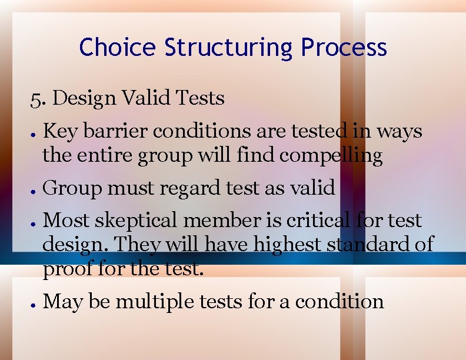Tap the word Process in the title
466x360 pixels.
click(x=344, y=47)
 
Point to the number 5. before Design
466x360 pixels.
click(x=38, y=98)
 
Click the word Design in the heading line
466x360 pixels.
click(x=84, y=98)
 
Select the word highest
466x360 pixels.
click(x=288, y=244)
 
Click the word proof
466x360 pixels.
click(x=68, y=269)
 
